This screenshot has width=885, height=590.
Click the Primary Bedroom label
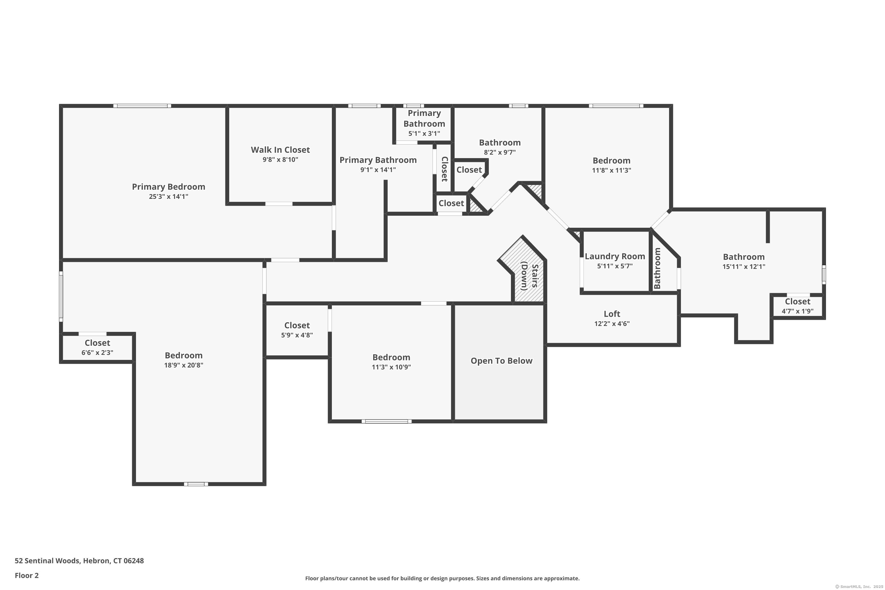point(168,187)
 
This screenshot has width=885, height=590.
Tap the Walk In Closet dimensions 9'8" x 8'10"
point(280,160)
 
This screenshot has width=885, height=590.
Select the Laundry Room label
point(615,256)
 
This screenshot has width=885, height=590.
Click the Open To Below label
point(501,360)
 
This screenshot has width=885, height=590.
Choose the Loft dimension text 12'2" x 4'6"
point(612,324)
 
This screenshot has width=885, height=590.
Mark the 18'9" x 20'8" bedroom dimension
point(183,365)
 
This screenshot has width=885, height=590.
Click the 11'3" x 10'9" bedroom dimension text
point(391,367)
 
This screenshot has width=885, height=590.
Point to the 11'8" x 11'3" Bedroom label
point(612,161)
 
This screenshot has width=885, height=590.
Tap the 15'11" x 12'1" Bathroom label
point(744,257)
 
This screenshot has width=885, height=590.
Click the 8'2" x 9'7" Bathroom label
point(500,142)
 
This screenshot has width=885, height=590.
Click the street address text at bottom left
point(79,561)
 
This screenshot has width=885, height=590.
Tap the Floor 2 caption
point(27,575)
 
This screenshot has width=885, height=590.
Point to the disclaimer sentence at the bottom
point(442,578)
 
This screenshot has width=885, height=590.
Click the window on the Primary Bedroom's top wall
point(142,106)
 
